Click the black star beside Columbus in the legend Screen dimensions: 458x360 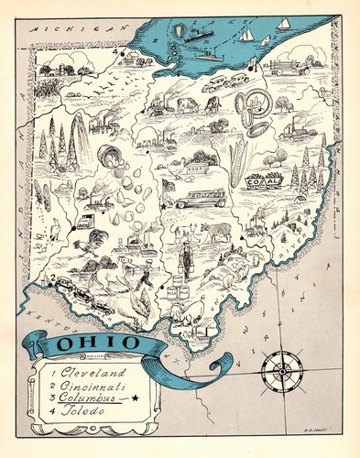click(x=135, y=398)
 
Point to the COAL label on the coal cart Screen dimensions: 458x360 click(x=265, y=182)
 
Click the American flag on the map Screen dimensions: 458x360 click(x=168, y=186)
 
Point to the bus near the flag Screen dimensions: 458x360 click(x=202, y=199)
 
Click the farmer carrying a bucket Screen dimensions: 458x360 click(x=187, y=257)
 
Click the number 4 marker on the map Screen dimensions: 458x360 click(x=116, y=52)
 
